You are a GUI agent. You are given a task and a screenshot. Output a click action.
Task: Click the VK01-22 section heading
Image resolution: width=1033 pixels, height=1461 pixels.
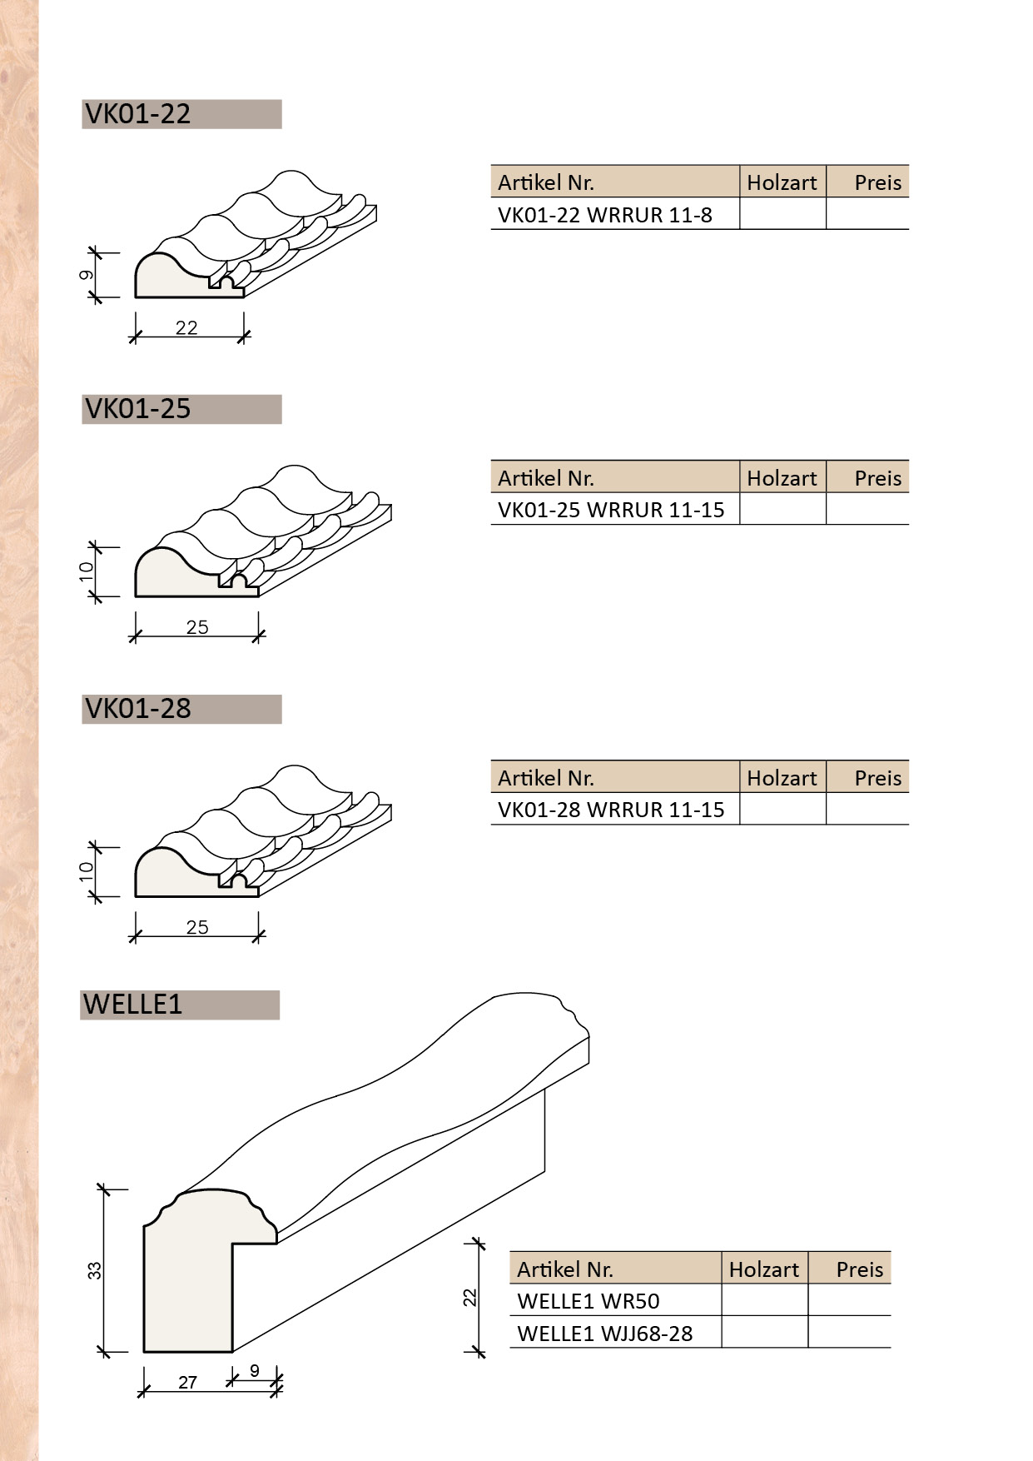tap(138, 114)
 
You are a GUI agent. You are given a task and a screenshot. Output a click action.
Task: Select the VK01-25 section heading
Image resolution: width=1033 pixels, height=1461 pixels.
tap(138, 409)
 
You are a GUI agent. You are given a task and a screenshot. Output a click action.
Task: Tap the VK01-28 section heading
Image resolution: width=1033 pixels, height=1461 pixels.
tap(138, 709)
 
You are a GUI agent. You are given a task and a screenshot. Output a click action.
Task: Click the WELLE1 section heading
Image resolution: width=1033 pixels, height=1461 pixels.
tap(133, 1005)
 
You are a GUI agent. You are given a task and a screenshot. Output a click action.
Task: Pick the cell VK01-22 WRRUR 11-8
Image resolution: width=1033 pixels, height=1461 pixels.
tap(605, 215)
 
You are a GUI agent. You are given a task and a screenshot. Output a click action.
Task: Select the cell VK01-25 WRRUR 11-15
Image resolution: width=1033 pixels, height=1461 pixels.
tap(611, 510)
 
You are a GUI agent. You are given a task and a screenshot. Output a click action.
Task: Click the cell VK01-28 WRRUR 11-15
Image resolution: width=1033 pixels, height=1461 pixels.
tap(611, 810)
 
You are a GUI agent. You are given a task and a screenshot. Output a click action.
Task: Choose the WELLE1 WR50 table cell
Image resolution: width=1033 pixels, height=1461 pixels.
tap(589, 1301)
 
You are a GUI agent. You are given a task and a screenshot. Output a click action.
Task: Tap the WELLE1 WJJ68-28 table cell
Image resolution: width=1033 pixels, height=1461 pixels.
tap(605, 1334)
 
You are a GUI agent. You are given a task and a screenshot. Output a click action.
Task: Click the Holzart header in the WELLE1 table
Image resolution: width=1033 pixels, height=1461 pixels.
tap(764, 1269)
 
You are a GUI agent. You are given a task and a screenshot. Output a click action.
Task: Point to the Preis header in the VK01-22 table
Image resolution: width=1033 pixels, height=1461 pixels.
tap(877, 182)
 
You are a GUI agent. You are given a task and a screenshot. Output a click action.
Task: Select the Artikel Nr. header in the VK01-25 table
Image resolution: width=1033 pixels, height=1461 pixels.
tap(546, 478)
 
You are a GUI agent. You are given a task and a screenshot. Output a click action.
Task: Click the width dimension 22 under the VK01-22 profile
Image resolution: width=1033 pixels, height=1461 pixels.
tap(186, 328)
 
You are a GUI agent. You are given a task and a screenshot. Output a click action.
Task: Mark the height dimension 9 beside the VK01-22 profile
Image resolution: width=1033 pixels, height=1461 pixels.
tap(87, 275)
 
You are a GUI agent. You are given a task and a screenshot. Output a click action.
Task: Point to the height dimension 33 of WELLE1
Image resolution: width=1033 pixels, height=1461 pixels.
tap(94, 1270)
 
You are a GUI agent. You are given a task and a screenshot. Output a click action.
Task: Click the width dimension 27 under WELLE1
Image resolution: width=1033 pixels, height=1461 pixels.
tap(188, 1383)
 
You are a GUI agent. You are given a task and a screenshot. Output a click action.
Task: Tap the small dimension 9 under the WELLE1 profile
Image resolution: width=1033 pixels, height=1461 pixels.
tap(255, 1370)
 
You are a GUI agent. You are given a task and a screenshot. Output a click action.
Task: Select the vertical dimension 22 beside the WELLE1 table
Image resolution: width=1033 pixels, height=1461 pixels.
tap(469, 1297)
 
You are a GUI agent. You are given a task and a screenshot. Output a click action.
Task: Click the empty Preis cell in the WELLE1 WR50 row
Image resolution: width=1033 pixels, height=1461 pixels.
tap(849, 1301)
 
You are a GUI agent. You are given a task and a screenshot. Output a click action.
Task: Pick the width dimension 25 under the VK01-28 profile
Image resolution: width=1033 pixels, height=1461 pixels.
tap(197, 928)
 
